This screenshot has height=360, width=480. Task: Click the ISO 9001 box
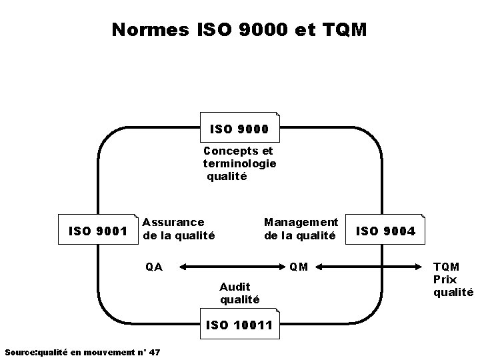[x=99, y=231]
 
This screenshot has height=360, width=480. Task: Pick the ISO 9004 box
[x=386, y=231]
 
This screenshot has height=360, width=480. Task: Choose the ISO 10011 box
[x=240, y=325]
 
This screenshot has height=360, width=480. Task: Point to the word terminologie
[x=240, y=164]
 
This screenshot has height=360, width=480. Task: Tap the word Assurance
[x=173, y=221]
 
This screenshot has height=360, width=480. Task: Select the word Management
[x=301, y=221]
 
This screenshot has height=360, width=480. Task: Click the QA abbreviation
[x=154, y=267]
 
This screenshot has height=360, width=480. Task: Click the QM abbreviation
[x=299, y=267]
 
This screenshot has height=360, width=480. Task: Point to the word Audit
[x=235, y=287]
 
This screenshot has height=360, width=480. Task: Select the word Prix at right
[x=445, y=279]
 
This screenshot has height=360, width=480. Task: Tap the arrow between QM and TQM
[x=370, y=267]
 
